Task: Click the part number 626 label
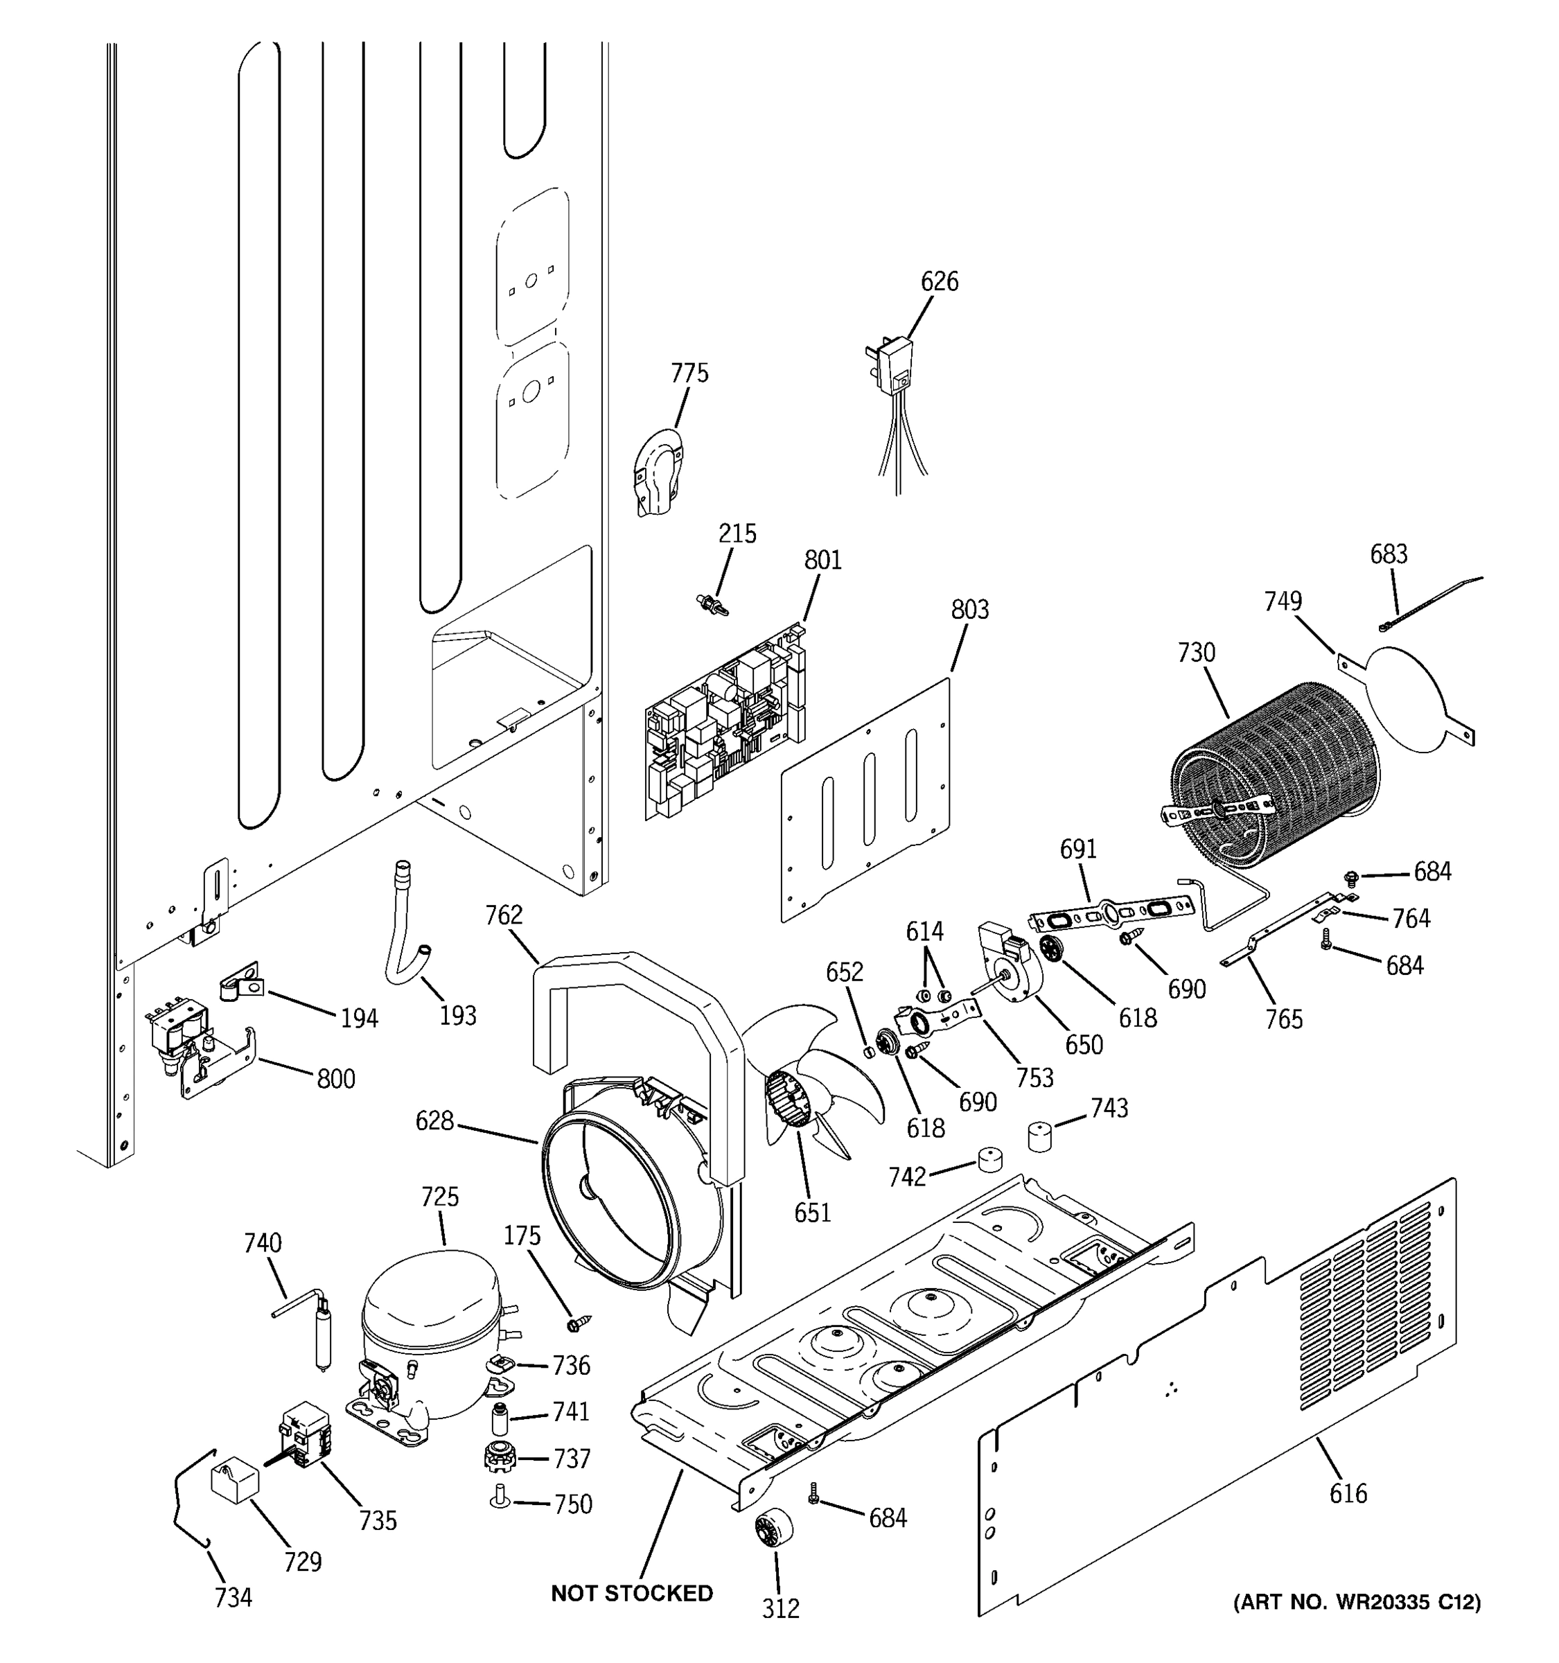[x=940, y=282]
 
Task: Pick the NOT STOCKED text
[x=631, y=1594]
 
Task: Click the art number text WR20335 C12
[x=1357, y=1602]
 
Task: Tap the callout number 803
[x=969, y=610]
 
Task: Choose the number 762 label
[x=504, y=916]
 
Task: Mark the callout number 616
[x=1348, y=1493]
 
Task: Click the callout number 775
[x=689, y=373]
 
